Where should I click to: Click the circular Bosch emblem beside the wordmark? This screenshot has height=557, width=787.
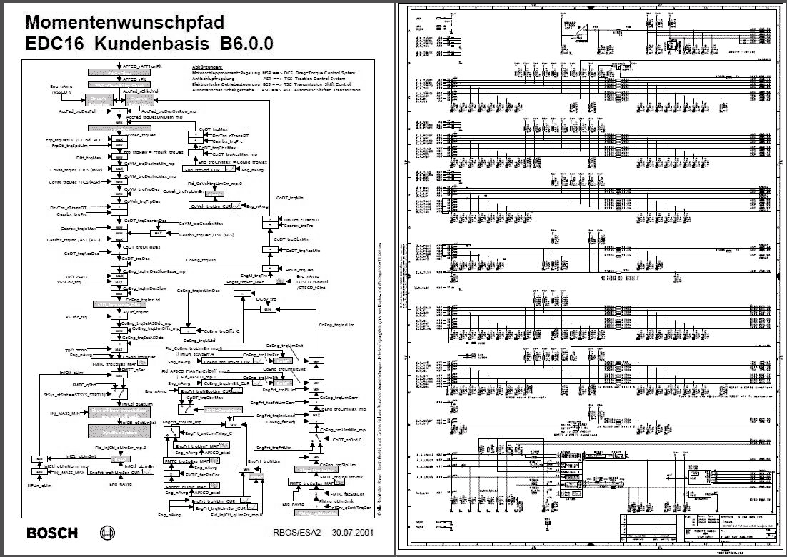(109, 533)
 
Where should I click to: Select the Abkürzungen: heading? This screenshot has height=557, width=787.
(208, 66)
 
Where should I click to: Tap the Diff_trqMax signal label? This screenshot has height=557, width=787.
(89, 156)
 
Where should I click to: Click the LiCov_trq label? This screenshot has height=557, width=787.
(266, 298)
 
